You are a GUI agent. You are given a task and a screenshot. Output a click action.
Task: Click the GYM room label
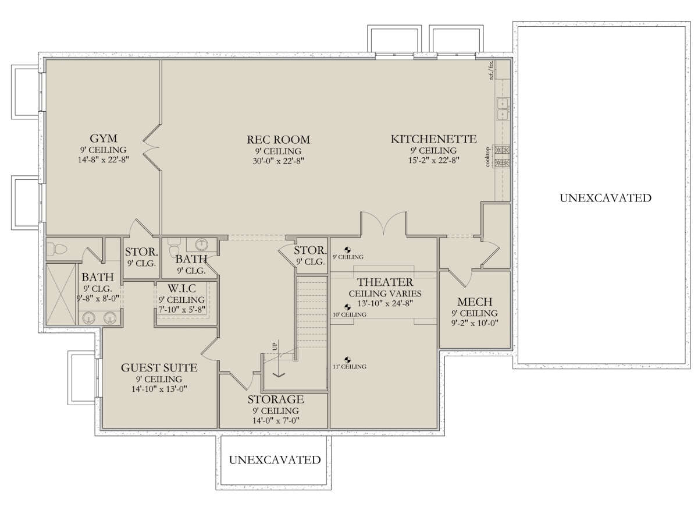tap(104, 139)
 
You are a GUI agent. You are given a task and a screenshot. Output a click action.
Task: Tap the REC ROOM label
tap(278, 140)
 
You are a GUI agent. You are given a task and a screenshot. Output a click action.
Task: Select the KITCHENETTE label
tap(434, 139)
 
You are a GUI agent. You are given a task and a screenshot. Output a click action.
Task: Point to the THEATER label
tap(385, 282)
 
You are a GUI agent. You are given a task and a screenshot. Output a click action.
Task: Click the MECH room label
tap(475, 302)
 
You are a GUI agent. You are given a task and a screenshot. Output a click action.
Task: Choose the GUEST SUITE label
tap(159, 368)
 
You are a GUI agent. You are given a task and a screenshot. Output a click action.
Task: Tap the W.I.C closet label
tap(181, 288)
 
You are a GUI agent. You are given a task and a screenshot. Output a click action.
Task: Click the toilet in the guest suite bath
tap(57, 249)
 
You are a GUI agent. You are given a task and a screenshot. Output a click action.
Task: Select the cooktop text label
tap(488, 157)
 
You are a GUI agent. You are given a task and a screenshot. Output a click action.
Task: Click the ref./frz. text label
tap(491, 70)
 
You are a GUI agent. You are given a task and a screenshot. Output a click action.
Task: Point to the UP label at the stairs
tap(275, 346)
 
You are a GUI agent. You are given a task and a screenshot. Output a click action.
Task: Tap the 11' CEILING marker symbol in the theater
tap(347, 360)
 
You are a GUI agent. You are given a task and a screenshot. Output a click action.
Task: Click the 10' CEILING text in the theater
tap(350, 314)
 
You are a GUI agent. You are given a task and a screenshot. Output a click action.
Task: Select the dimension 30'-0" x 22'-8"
tap(278, 161)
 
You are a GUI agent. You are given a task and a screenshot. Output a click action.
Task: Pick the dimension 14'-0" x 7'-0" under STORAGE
tap(276, 421)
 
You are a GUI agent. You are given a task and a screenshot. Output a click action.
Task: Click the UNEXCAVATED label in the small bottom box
tap(275, 460)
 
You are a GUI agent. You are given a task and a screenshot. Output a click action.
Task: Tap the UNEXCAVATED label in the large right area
tap(606, 198)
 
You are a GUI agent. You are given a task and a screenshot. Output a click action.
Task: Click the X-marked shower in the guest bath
tap(61, 294)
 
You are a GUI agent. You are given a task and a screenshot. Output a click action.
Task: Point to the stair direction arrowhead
tap(279, 374)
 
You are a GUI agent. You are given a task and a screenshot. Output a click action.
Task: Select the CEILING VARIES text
tap(385, 293)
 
